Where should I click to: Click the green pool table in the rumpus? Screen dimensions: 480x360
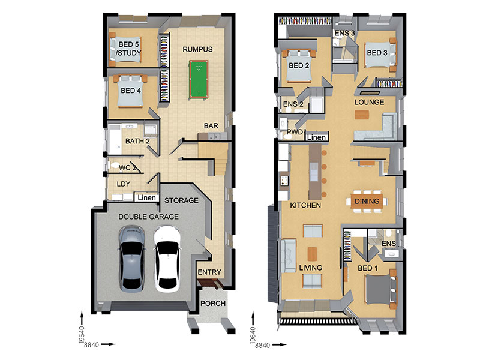(199, 80)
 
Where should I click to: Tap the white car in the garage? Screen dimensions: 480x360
(167, 259)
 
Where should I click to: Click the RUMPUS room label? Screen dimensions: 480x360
(197, 49)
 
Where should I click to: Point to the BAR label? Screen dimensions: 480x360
(211, 126)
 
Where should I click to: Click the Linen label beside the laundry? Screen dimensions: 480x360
(146, 198)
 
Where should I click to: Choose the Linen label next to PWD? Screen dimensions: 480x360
(316, 137)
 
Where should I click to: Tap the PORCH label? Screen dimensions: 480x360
(213, 304)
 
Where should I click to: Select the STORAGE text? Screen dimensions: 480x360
(181, 200)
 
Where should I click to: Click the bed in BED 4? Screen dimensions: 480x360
(130, 91)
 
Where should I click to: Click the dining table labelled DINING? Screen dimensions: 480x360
(367, 201)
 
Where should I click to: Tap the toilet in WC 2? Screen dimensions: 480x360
(115, 166)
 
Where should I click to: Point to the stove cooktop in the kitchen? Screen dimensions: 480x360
(284, 181)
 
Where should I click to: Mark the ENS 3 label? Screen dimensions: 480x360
(344, 33)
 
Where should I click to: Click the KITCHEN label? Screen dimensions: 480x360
(305, 205)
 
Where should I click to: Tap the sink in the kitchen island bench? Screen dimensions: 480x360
(313, 172)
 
